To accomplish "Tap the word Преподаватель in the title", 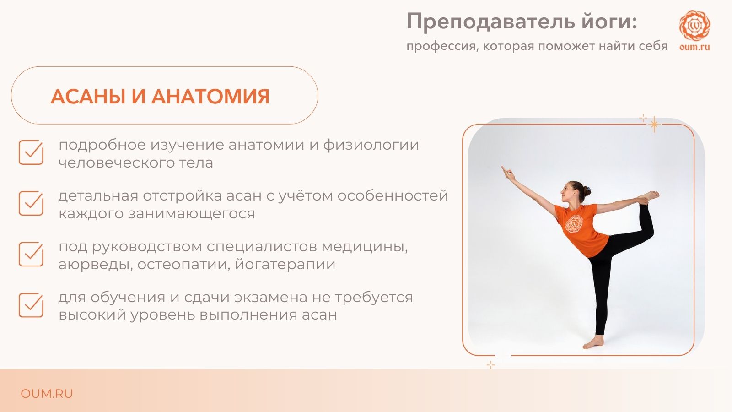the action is click(x=490, y=22).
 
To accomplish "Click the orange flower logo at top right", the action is click(x=695, y=25).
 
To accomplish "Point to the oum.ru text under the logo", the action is click(x=695, y=47).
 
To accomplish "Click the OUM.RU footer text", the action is click(x=46, y=394).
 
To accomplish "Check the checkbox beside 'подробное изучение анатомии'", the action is click(x=31, y=152).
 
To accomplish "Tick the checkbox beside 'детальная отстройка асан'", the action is click(x=31, y=203).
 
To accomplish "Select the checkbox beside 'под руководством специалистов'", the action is click(x=31, y=254).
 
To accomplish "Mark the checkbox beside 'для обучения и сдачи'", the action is click(x=31, y=305).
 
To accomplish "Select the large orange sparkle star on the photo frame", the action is click(x=654, y=124).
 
